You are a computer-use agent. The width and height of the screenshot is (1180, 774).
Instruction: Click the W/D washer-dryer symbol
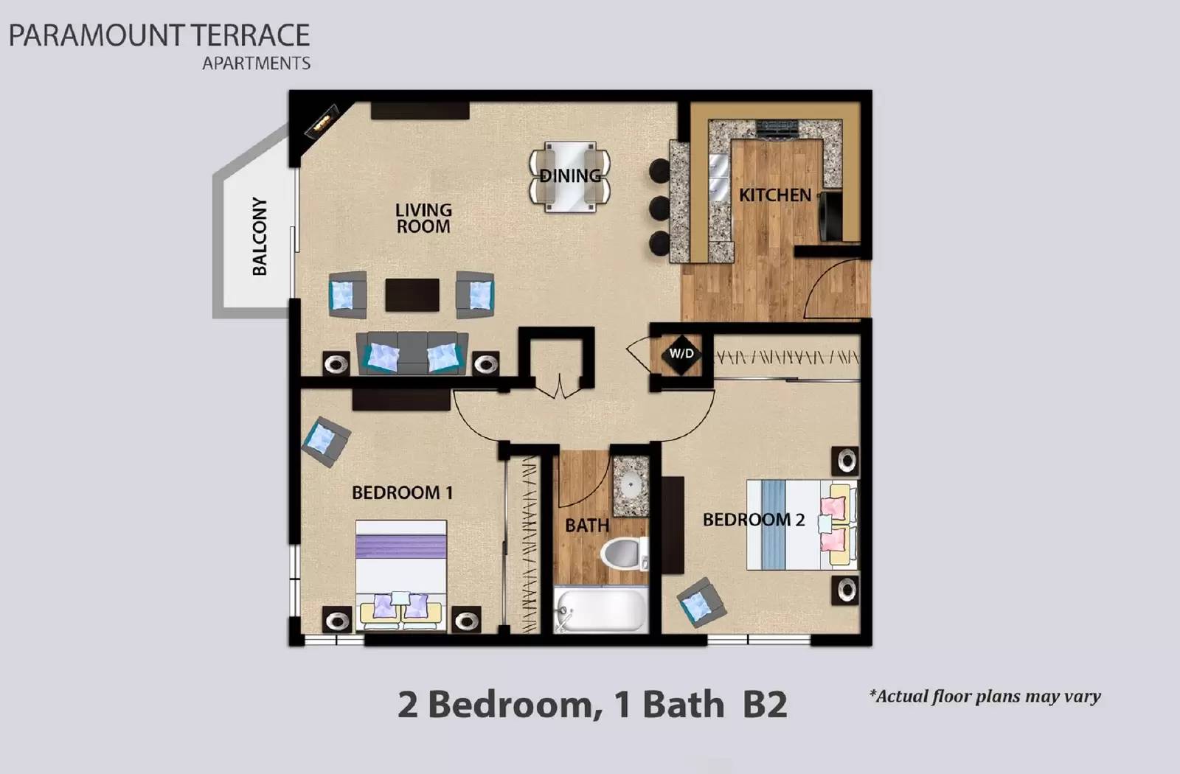pyautogui.click(x=681, y=354)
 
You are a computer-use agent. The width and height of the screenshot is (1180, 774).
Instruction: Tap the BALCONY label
pyautogui.click(x=259, y=236)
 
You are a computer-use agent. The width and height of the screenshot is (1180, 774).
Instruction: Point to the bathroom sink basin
pyautogui.click(x=631, y=486)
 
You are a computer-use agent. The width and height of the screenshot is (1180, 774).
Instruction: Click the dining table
pyautogui.click(x=569, y=176)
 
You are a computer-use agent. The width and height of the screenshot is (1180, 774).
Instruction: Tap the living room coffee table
pyautogui.click(x=412, y=295)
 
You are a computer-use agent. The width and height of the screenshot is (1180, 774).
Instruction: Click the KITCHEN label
pyautogui.click(x=774, y=195)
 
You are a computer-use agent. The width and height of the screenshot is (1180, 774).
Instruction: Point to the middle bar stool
pyautogui.click(x=659, y=208)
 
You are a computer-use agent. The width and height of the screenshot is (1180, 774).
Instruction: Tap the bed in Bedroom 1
pyautogui.click(x=401, y=575)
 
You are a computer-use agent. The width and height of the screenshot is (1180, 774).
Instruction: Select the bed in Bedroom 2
pyautogui.click(x=800, y=524)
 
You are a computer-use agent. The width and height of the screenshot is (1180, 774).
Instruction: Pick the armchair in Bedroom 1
pyautogui.click(x=324, y=441)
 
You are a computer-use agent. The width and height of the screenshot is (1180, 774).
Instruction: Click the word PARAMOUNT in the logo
pyautogui.click(x=96, y=35)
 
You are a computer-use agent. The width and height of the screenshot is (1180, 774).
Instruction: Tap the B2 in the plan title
pyautogui.click(x=765, y=705)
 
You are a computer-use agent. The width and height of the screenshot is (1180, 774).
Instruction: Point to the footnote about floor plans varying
pyautogui.click(x=985, y=696)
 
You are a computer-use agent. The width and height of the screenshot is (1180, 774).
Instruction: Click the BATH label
pyautogui.click(x=587, y=526)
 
